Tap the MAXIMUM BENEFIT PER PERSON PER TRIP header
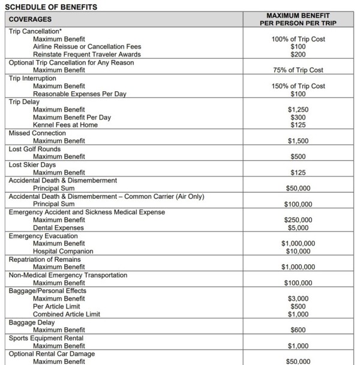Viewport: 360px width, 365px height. (298, 19)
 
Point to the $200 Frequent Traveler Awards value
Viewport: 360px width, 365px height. (298, 54)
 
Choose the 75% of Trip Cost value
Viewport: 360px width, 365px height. (298, 70)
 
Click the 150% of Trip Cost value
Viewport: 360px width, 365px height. (298, 86)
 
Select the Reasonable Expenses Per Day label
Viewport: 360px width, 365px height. (80, 94)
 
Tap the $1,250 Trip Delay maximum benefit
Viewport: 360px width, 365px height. (298, 110)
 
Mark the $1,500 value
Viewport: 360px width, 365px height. (298, 141)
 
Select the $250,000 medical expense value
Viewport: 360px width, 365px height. (298, 220)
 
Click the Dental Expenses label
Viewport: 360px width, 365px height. (58, 228)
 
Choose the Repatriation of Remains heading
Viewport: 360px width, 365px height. (45, 259)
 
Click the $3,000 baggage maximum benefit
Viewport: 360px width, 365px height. (298, 299)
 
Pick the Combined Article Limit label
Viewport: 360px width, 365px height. (66, 315)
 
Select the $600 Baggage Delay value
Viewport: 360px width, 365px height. (298, 330)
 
